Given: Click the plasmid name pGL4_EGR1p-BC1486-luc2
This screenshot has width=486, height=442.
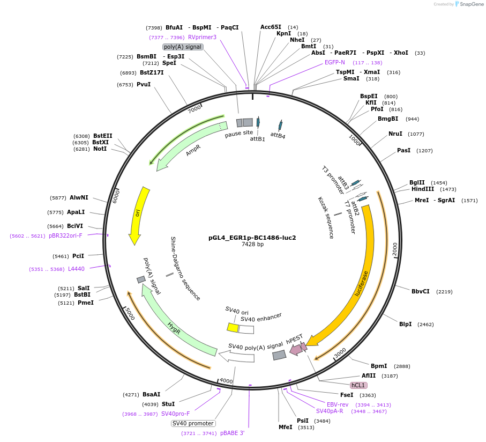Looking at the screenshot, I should tap(252, 237).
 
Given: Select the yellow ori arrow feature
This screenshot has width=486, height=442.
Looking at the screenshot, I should tap(138, 215).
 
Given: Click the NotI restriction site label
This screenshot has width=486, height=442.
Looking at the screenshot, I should tap(100, 149).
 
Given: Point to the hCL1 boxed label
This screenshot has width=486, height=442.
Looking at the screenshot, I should tap(358, 385).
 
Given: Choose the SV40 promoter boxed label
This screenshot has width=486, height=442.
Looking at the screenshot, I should tap(193, 423).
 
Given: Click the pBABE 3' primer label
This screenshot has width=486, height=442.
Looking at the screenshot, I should tap(232, 433).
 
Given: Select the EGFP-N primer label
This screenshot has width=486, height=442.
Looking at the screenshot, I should tap(335, 62).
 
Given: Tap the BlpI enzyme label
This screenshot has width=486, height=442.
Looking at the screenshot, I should tap(405, 324).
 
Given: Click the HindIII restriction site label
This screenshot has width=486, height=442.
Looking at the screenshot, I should tap(423, 189).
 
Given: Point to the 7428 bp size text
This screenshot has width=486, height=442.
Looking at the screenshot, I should tap(252, 245).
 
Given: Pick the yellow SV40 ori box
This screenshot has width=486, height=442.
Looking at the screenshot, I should tap(233, 327).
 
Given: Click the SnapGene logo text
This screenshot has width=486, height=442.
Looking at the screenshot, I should tap(469, 4).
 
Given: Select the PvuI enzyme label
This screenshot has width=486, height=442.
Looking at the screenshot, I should tap(144, 84).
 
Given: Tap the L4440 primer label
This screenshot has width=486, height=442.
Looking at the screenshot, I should tap(76, 269).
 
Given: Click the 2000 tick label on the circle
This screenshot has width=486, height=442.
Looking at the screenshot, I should tap(395, 249).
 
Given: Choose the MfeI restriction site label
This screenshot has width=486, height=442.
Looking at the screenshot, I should tap(286, 427).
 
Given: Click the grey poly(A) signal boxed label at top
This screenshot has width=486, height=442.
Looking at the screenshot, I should tap(183, 47).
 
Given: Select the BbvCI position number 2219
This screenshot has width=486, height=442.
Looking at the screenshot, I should tap(444, 292).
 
